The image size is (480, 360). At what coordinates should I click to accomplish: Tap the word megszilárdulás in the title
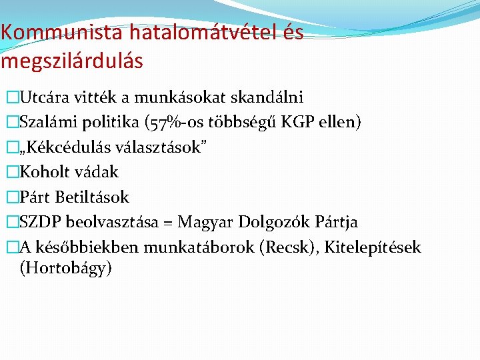point(72,61)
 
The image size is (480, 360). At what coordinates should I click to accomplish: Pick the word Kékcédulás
point(67,147)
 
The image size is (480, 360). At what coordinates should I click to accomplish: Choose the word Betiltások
point(93,197)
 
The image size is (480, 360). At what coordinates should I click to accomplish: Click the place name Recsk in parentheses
point(287,247)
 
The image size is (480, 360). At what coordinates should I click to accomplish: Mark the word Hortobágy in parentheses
point(65,269)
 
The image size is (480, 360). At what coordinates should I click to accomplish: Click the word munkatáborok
point(206,247)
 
